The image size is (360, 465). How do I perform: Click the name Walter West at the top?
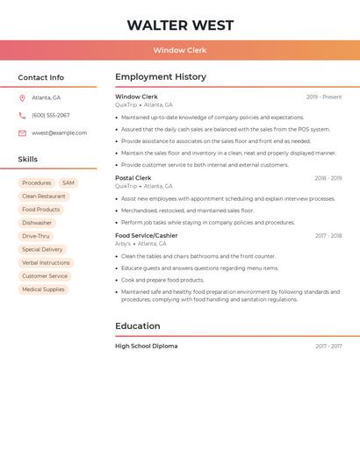pyautogui.click(x=180, y=25)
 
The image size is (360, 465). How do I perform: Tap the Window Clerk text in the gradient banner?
pyautogui.click(x=180, y=50)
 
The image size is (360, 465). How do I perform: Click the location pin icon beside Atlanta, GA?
pyautogui.click(x=22, y=97)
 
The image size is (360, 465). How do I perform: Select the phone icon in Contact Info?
pyautogui.click(x=22, y=115)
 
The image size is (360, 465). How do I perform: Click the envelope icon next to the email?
pyautogui.click(x=22, y=133)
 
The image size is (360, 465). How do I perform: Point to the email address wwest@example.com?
pyautogui.click(x=60, y=133)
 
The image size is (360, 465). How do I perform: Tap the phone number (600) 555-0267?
pyautogui.click(x=51, y=115)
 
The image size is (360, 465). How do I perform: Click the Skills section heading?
pyautogui.click(x=28, y=160)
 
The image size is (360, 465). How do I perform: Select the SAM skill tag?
pyautogui.click(x=68, y=183)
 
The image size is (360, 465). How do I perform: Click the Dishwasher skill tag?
pyautogui.click(x=37, y=223)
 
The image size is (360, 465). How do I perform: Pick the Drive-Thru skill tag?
pyautogui.click(x=36, y=236)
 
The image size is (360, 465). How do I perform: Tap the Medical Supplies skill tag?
pyautogui.click(x=43, y=290)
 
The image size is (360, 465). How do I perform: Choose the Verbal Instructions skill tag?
pyautogui.click(x=46, y=262)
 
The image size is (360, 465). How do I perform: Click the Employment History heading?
pyautogui.click(x=161, y=77)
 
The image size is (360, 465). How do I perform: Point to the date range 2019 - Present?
pyautogui.click(x=324, y=97)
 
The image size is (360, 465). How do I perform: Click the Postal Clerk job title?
pyautogui.click(x=133, y=178)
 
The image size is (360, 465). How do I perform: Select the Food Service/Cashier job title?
pyautogui.click(x=147, y=236)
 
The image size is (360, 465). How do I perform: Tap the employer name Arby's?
pyautogui.click(x=123, y=244)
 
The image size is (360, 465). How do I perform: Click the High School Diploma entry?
pyautogui.click(x=147, y=347)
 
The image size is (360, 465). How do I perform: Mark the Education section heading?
pyautogui.click(x=138, y=326)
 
